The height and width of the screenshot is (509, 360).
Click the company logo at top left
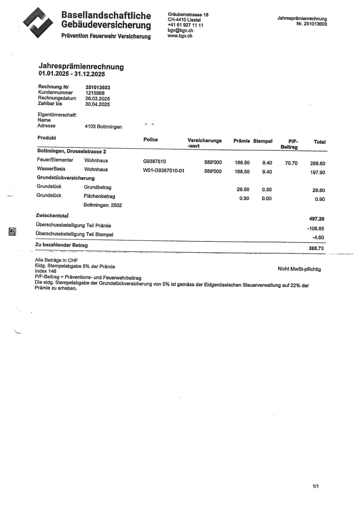38,23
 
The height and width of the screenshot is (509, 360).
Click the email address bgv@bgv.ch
180,31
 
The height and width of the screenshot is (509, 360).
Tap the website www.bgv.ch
180,36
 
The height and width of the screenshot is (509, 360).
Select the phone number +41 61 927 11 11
185,25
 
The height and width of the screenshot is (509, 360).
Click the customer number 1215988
95,93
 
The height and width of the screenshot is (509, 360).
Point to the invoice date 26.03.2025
97,99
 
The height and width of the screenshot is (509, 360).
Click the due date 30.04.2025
97,105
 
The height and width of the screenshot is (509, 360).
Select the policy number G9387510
154,162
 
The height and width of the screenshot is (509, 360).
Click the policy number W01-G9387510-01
163,171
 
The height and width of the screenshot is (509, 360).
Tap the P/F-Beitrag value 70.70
291,163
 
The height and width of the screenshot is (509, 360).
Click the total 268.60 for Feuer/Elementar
317,164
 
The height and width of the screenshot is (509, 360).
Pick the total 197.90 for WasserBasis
317,173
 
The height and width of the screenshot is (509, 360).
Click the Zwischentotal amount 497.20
316,219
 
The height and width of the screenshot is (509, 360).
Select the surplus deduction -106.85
316,229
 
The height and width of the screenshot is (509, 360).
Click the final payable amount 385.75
316,248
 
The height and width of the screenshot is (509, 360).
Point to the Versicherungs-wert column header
204,143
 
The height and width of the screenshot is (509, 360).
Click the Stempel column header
263,141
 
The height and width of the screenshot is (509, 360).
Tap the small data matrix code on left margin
12,232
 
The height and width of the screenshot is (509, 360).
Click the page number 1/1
316,486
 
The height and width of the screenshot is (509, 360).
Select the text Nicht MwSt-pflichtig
299,269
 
